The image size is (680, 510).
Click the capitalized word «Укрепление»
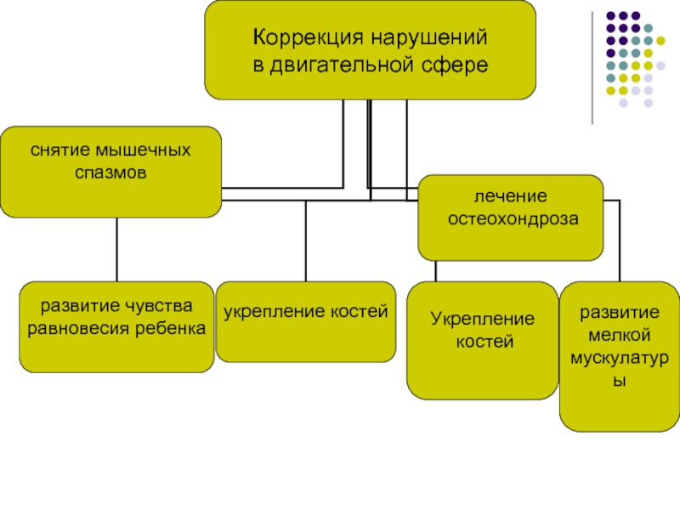click(x=482, y=320)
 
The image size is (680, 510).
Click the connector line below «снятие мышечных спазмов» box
click(x=116, y=249)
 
